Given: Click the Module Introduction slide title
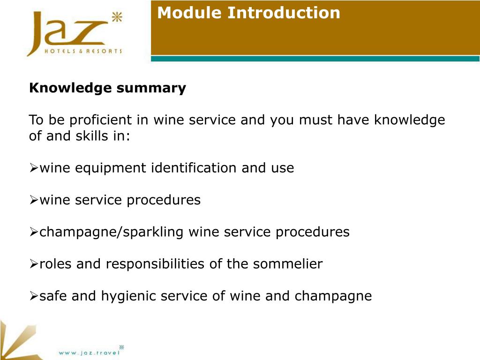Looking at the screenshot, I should click(248, 13).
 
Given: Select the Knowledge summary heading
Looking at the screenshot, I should click(107, 88).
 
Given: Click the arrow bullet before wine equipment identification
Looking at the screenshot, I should click(34, 168).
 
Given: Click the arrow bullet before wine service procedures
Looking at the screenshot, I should click(34, 201).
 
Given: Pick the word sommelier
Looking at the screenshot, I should click(288, 264).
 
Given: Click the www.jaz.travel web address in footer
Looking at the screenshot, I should click(89, 352).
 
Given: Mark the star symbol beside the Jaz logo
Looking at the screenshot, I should click(117, 18).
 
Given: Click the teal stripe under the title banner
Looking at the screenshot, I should click(315, 59).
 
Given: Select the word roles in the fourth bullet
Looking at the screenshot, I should click(56, 264).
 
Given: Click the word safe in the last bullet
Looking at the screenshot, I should click(53, 296).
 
